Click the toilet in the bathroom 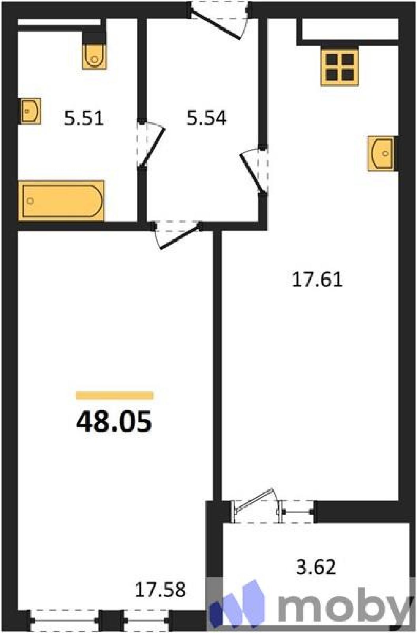point(94,57)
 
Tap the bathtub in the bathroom point(61,201)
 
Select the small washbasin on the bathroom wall point(30,111)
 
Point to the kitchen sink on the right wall point(381,154)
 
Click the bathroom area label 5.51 point(84,118)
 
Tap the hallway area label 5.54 point(207,118)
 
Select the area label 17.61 point(317,279)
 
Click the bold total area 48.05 point(114,422)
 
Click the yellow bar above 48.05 point(115,396)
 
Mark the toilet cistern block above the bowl point(94,38)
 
